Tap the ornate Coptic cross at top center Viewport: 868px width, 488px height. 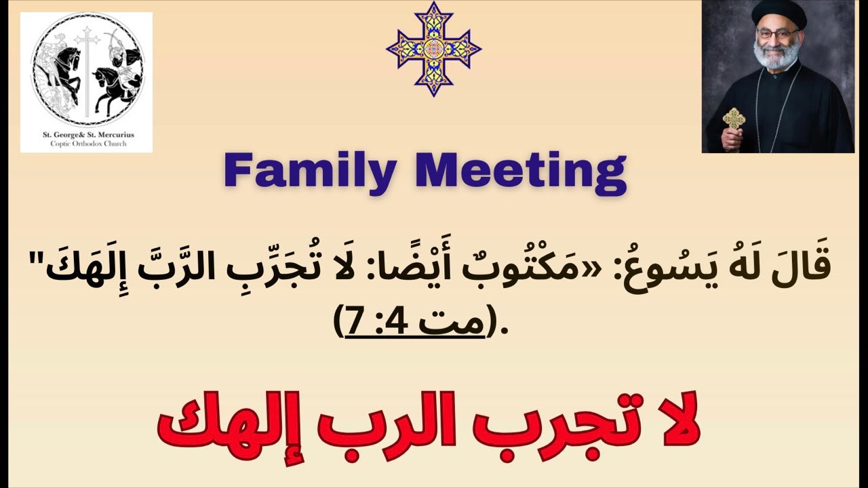[x=434, y=48]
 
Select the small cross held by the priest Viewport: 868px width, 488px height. [x=733, y=120]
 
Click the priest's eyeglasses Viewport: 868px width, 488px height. [x=778, y=33]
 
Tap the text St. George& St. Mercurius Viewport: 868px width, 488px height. [x=86, y=135]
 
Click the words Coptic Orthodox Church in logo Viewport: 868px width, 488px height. [x=86, y=144]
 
